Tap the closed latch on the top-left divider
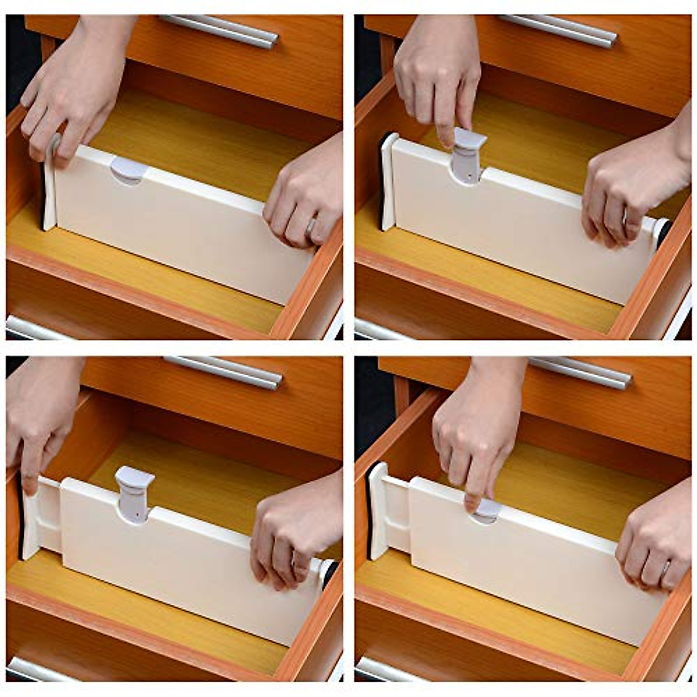(129, 170)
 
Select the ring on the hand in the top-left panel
(312, 225)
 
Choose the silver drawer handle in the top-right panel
(558, 30)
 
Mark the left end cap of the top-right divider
(388, 180)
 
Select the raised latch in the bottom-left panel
(134, 494)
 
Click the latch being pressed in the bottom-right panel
(487, 511)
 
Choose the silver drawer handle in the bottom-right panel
(581, 372)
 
